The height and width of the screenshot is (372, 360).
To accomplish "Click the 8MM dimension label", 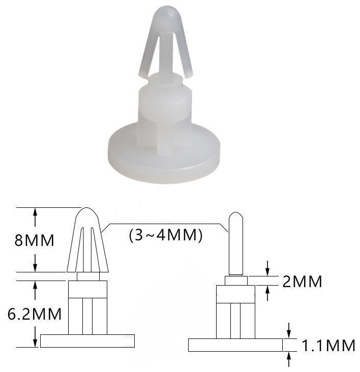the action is click(x=35, y=240).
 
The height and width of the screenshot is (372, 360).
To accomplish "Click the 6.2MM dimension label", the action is click(x=35, y=314).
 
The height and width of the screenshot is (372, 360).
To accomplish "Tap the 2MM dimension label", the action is click(x=302, y=282).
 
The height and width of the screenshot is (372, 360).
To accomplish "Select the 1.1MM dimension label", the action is click(x=328, y=346).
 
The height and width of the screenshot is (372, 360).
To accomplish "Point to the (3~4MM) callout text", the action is click(x=166, y=235).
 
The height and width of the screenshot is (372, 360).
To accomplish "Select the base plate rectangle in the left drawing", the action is click(x=87, y=341).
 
